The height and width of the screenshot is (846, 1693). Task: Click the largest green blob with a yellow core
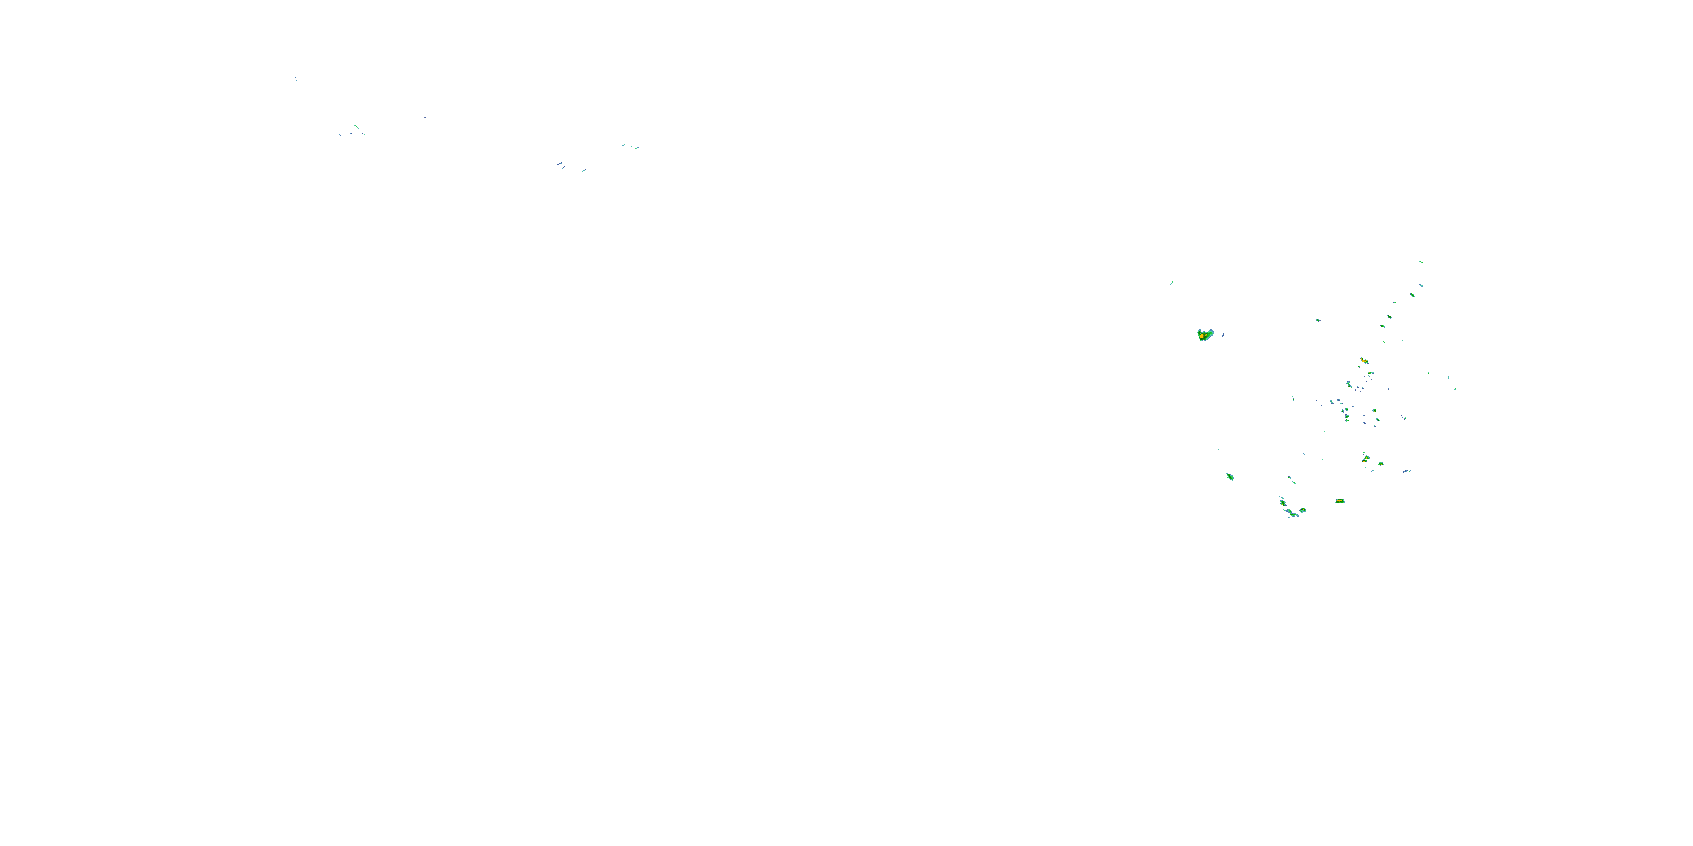pyautogui.click(x=1204, y=335)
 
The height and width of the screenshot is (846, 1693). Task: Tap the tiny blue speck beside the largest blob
pyautogui.click(x=1222, y=334)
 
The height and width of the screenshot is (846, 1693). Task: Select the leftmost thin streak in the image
pyautogui.click(x=296, y=80)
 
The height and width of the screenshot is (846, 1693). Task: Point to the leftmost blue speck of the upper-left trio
pyautogui.click(x=340, y=135)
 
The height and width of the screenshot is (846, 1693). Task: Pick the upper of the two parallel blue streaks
pyautogui.click(x=559, y=163)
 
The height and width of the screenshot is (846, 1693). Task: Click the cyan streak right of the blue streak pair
pyautogui.click(x=584, y=170)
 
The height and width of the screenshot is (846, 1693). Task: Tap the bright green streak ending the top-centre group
pyautogui.click(x=635, y=148)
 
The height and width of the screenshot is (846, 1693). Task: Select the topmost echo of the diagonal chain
pyautogui.click(x=1421, y=262)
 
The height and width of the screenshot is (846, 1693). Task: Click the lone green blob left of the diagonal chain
pyautogui.click(x=1317, y=320)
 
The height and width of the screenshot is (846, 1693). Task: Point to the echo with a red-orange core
pyautogui.click(x=1363, y=360)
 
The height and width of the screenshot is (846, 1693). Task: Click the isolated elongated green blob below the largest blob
pyautogui.click(x=1230, y=476)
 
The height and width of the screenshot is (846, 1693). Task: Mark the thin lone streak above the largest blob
pyautogui.click(x=1171, y=283)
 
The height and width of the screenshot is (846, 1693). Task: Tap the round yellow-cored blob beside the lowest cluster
pyautogui.click(x=1302, y=510)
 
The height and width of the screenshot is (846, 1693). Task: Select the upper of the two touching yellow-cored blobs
pyautogui.click(x=1365, y=457)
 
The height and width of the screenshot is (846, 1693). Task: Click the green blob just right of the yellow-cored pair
pyautogui.click(x=1380, y=464)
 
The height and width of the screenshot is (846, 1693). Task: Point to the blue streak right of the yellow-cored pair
pyautogui.click(x=1406, y=471)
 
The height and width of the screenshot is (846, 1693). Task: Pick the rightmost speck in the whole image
pyautogui.click(x=1455, y=389)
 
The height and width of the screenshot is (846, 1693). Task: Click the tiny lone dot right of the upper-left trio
pyautogui.click(x=424, y=117)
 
